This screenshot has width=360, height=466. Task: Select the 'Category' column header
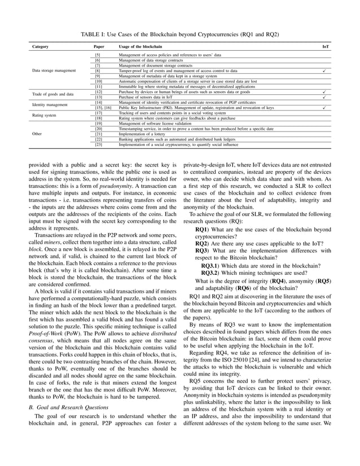click(x=40, y=46)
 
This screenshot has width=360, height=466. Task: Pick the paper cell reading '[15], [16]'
click(x=103, y=107)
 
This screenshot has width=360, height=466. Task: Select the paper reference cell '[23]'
click(x=98, y=144)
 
